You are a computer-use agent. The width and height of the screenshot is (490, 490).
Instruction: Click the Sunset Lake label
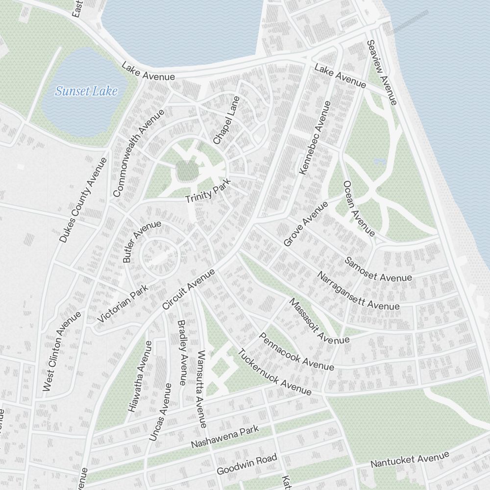[x=86, y=91]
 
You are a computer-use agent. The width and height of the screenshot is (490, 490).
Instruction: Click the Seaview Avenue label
[x=381, y=73]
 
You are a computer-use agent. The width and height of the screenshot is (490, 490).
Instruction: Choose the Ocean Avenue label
[x=359, y=208]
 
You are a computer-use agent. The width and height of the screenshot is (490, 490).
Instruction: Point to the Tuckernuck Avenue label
[x=274, y=372]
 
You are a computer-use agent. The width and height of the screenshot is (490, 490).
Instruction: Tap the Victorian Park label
[x=122, y=304]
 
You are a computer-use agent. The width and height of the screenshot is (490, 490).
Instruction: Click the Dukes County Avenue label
[x=83, y=200]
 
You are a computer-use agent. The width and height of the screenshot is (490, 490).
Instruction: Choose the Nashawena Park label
[x=224, y=438]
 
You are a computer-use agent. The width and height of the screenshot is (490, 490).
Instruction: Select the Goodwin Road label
[x=247, y=464]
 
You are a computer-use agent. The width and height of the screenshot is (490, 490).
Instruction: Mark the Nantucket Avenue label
[x=410, y=460]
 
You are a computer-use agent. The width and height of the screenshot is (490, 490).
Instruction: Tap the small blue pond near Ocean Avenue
[x=379, y=161]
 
